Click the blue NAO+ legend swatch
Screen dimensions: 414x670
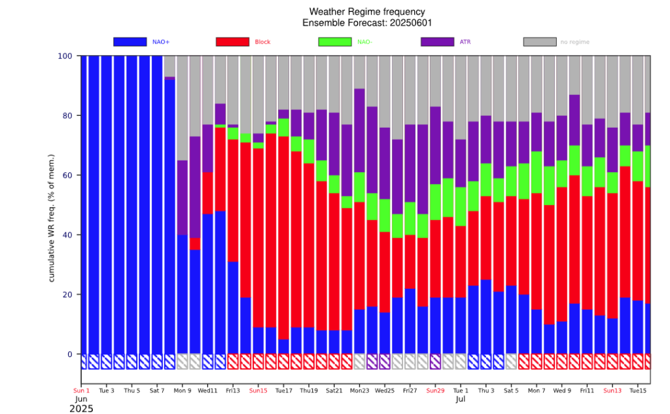tap(130, 42)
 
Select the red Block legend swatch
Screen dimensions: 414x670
tap(232, 42)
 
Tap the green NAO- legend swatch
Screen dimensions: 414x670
tap(335, 42)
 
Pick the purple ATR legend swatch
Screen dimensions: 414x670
tap(438, 42)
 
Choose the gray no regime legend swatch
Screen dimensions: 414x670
tap(540, 42)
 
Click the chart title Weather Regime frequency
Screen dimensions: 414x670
tap(366, 12)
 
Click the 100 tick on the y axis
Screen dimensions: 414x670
tap(64, 56)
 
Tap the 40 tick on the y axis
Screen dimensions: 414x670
tap(67, 235)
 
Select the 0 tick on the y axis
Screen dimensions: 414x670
tap(69, 354)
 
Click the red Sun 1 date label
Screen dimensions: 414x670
tap(81, 391)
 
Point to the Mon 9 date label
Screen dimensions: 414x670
tap(183, 391)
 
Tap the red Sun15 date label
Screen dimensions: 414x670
tap(258, 391)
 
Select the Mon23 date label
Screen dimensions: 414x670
tap(359, 391)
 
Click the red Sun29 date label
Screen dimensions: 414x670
tap(435, 391)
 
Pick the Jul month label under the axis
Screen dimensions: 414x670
tap(461, 399)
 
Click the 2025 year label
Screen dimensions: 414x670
tap(81, 409)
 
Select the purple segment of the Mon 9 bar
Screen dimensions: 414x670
tap(183, 197)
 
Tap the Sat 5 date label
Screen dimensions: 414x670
tap(511, 391)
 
